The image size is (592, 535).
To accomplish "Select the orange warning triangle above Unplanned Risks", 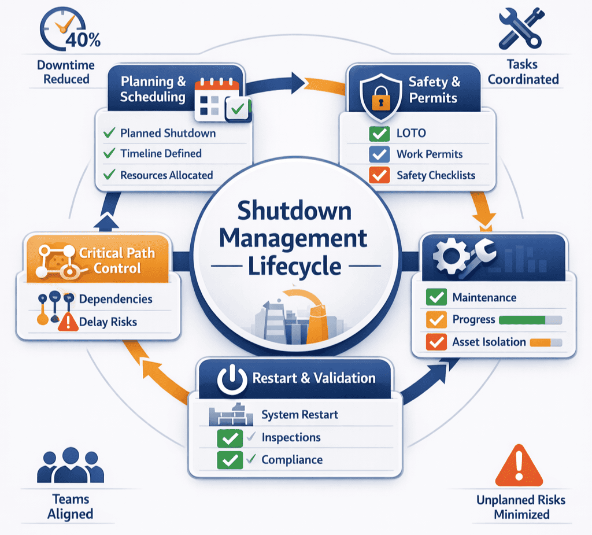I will click(519, 468).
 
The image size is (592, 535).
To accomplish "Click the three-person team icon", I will click(71, 466).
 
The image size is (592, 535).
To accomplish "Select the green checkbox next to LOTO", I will click(379, 134).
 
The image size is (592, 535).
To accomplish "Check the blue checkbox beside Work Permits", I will click(379, 154).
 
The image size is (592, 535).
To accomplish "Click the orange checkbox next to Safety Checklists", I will click(379, 175).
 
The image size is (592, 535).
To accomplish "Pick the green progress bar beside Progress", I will click(522, 320).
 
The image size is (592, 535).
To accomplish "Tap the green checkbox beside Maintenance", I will click(436, 298).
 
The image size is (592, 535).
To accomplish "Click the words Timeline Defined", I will click(161, 154).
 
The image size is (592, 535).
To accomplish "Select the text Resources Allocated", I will click(166, 175).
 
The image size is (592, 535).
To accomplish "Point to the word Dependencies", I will click(116, 299).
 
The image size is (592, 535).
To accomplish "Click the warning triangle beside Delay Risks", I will click(68, 322).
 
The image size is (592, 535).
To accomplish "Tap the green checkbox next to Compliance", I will click(230, 460).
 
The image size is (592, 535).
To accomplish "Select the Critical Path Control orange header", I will click(98, 260).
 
